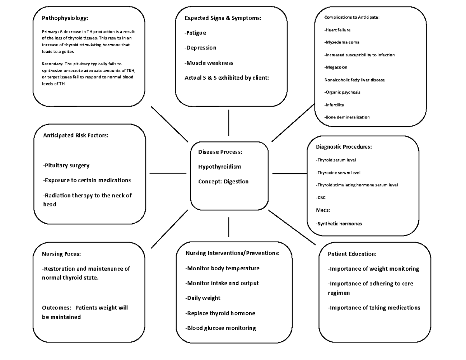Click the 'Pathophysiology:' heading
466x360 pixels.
[x=65, y=18]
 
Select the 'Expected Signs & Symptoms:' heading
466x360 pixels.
[x=223, y=18]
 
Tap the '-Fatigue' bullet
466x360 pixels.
[x=195, y=33]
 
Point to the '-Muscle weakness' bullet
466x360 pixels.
[x=209, y=63]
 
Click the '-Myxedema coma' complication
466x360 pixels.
[x=342, y=42]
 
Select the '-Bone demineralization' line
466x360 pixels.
[x=347, y=117]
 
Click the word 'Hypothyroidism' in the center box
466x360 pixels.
[x=219, y=167]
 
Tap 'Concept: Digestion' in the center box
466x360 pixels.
[x=223, y=181]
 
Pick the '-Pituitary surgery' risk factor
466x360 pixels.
[x=66, y=165]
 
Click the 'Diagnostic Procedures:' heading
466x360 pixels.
[x=344, y=147]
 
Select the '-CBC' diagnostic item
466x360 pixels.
[x=321, y=198]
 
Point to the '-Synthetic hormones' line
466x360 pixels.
[x=339, y=224]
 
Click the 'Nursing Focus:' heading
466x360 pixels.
[x=61, y=254]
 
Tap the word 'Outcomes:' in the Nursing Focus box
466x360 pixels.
[x=56, y=308]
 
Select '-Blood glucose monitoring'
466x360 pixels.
[x=221, y=328]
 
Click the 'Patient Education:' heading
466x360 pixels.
[x=352, y=254]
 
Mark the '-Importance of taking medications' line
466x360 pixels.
[x=374, y=308]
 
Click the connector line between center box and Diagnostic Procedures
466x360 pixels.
[x=290, y=174]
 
